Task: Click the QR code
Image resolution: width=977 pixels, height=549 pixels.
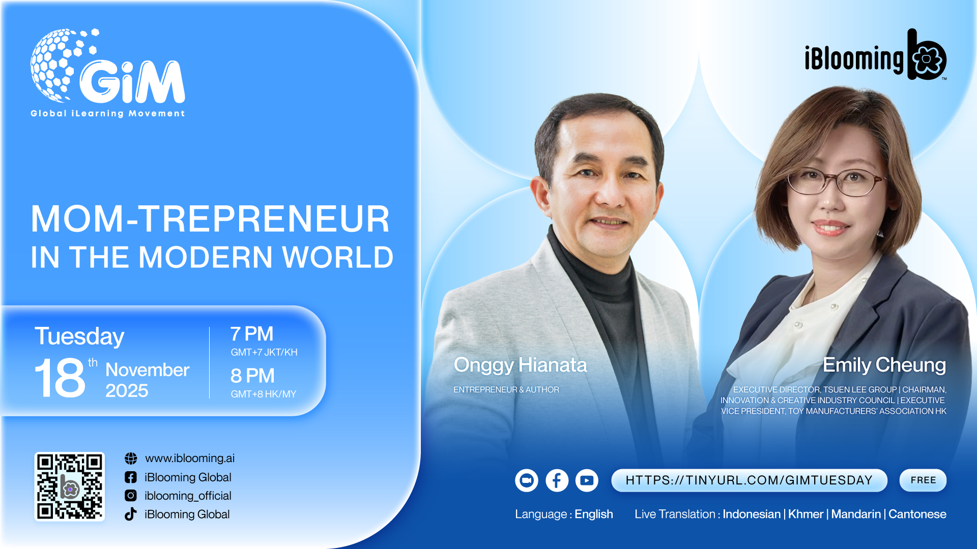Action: (x=70, y=486)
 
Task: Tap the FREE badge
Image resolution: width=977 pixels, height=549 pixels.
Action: (x=923, y=480)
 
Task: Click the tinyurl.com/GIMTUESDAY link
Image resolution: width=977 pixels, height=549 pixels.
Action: (x=749, y=480)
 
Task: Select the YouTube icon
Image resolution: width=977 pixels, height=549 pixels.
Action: (x=587, y=480)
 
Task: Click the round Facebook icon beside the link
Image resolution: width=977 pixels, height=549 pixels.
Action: (x=557, y=480)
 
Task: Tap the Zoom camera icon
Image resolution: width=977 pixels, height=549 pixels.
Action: (x=527, y=480)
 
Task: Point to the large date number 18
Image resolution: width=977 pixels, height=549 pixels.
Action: (x=60, y=378)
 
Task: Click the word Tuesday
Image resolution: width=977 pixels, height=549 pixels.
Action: (x=79, y=337)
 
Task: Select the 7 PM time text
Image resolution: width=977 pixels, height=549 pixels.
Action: (x=252, y=334)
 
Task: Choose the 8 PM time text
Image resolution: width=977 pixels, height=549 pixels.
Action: (x=252, y=376)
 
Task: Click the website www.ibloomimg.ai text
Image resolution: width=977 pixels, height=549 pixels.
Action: (x=190, y=459)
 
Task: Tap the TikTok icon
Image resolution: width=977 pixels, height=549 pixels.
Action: (x=131, y=514)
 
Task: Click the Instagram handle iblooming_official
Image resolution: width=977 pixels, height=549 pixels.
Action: (x=188, y=496)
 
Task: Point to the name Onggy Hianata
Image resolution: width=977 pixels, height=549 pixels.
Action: (x=520, y=365)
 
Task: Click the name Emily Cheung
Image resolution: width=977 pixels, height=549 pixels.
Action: (x=884, y=365)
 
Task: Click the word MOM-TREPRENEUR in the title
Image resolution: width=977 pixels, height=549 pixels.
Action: (x=210, y=219)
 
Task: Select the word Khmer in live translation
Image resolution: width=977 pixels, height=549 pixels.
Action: (x=806, y=514)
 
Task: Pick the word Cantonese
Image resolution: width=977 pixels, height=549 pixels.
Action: (x=917, y=514)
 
